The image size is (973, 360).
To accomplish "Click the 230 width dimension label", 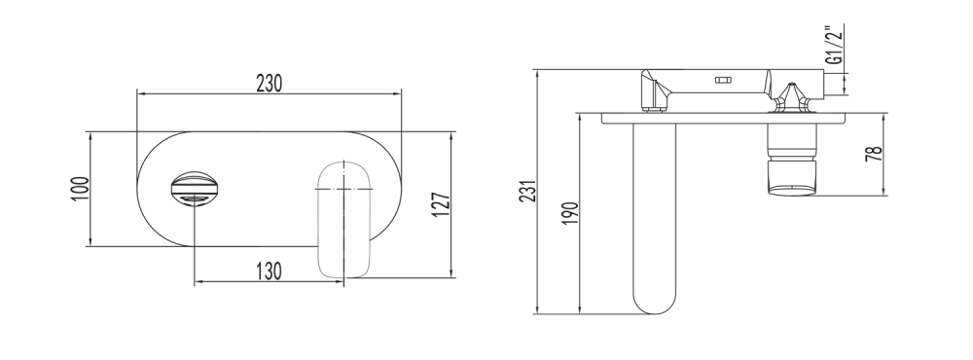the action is pos(270,83).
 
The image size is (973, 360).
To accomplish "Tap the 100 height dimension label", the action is pos(82,189).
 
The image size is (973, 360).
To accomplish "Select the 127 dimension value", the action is pos(441,204).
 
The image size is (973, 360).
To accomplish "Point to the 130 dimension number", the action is pos(270,271).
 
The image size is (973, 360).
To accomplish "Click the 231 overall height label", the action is pos(527,191).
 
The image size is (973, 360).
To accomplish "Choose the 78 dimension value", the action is pos(874,154).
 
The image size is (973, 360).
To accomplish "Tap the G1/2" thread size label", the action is pos(836,45).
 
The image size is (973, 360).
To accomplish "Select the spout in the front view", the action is pos(344,219).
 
